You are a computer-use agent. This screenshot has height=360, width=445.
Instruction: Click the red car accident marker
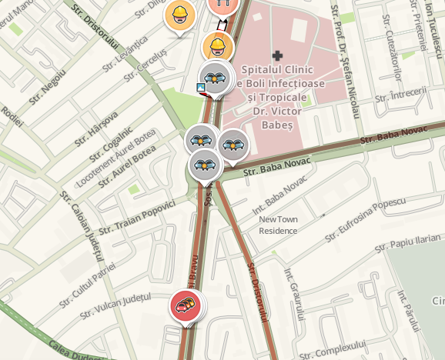point(185,305)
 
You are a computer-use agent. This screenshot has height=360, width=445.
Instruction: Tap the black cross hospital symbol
point(278,55)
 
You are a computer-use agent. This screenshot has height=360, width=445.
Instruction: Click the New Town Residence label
point(278,225)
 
